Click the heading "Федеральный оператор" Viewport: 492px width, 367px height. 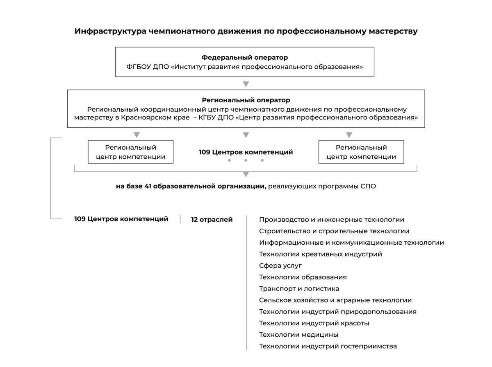point(244,58)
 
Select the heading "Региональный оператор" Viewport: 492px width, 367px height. point(246,100)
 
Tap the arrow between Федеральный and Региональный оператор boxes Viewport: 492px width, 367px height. point(246,84)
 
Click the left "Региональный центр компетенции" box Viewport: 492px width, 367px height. point(131,152)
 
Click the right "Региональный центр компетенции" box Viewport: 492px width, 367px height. point(361,152)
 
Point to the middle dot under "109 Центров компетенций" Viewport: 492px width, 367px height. point(246,160)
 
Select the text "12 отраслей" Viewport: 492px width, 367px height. point(212,220)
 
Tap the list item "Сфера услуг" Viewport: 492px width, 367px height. point(280,266)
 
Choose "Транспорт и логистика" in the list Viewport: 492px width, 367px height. point(299,288)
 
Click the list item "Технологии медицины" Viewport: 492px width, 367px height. point(298,335)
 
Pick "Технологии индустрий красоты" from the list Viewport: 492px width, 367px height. point(314,323)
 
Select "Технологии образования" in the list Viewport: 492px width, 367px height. point(303,277)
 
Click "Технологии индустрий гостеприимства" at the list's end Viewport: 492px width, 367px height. point(328,346)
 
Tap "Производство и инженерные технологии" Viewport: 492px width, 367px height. point(332,220)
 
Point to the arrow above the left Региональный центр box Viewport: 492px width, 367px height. point(137,135)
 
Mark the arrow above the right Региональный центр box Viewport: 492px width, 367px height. point(349,135)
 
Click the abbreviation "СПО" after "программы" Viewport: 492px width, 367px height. point(367,187)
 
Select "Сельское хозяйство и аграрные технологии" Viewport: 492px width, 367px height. point(335,300)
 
